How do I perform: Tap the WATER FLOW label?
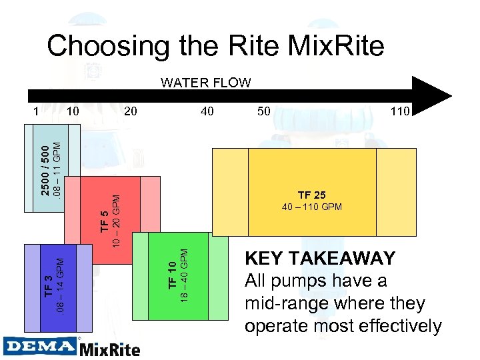point(206,83)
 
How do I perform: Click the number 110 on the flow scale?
point(400,111)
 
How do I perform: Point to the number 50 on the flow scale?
point(264,111)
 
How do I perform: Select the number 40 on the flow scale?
point(207,111)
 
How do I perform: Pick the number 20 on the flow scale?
point(131,111)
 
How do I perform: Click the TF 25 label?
point(312,195)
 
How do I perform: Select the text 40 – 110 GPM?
point(312,207)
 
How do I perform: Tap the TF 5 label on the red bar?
point(104,221)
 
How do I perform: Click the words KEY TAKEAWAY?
point(320,258)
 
